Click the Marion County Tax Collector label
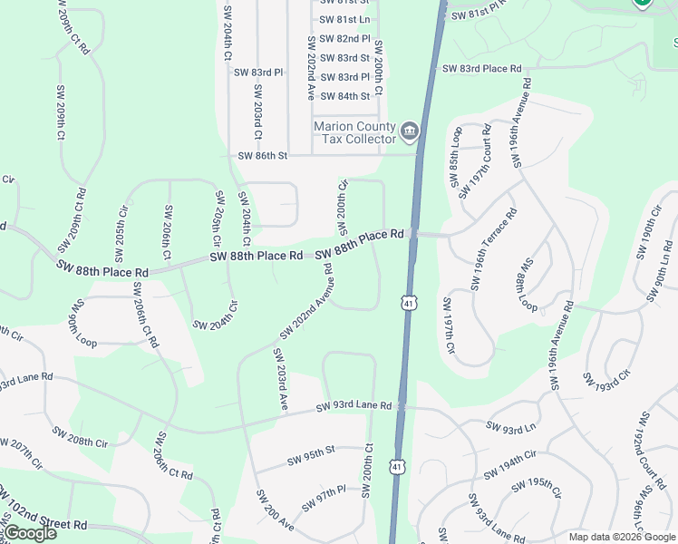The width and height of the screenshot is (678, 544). pos(354,132)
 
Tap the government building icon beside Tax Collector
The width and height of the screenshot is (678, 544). pos(409,132)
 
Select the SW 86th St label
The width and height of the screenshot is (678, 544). pos(262,156)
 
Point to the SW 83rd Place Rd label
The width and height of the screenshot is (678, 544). pos(482,69)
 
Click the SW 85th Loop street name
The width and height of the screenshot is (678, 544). pos(455,162)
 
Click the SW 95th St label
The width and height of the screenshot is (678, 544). pos(311,450)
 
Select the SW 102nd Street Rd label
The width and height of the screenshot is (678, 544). pos(43,512)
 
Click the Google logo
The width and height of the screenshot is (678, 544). pos(30,532)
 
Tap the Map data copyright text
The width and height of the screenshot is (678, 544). pos(621,537)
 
